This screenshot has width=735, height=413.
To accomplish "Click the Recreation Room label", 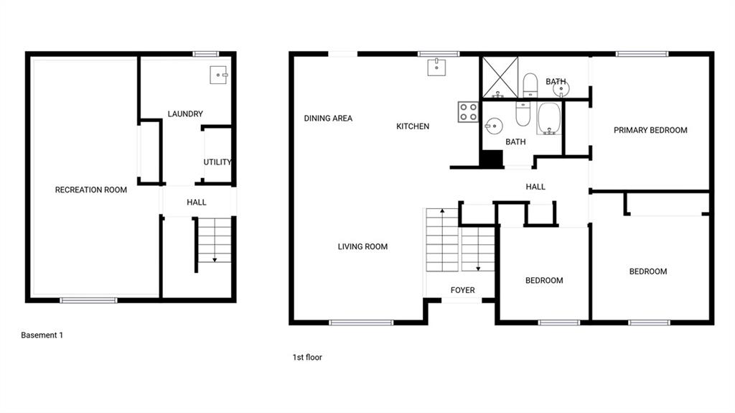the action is pos(91,190).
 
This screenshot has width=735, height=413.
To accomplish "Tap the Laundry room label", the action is pos(185,113).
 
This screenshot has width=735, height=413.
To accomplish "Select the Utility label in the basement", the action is pos(217,162).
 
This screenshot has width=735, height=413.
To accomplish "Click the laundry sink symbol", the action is pos(218,75).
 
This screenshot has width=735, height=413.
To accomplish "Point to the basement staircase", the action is pos(214,239).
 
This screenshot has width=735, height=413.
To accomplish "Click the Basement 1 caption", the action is pos(42,335).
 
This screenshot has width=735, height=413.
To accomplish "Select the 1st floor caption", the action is pos(307,357).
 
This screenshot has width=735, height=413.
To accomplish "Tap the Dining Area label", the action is pos(328,119).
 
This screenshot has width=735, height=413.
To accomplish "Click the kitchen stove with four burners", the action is pos(468,112).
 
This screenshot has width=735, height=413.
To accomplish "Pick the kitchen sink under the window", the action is pos(436,67).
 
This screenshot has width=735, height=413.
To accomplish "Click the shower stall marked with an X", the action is pos(500,78).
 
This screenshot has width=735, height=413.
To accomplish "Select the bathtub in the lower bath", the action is pos(549,119).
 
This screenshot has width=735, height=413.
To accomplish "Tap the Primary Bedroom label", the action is pos(650,130).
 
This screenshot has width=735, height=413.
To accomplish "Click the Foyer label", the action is pos(463,290).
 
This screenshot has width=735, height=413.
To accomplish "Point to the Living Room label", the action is pos(362,246).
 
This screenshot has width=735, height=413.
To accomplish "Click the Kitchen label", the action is pos(413,126).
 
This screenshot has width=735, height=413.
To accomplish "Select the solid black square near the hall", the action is pos(492,158).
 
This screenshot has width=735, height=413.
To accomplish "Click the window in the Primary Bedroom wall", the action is pos(642,54).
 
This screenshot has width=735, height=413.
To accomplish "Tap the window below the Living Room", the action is pos(361,322).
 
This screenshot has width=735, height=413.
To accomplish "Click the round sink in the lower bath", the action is pos(494,126).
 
